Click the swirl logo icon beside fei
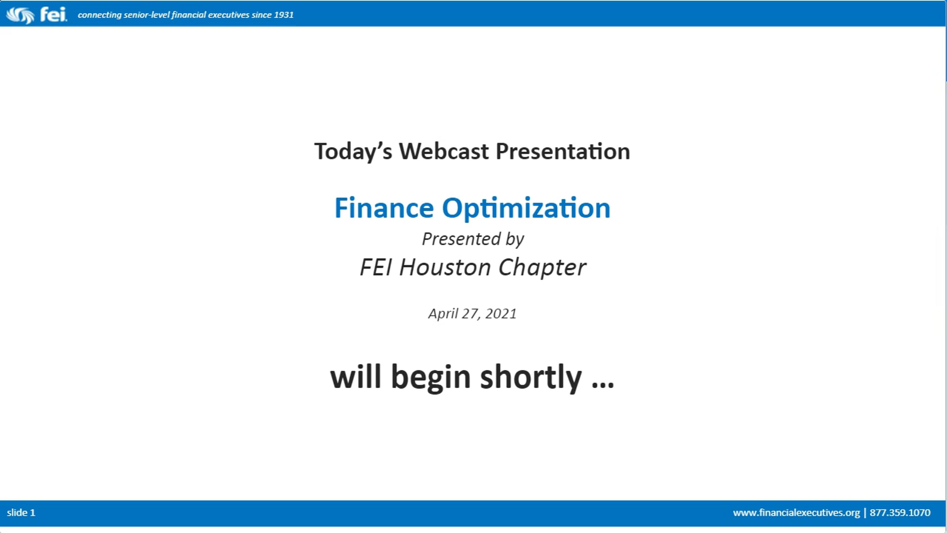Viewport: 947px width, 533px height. pyautogui.click(x=20, y=15)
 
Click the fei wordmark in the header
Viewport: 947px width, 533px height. pyautogui.click(x=53, y=15)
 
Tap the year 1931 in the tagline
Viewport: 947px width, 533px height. pyautogui.click(x=284, y=15)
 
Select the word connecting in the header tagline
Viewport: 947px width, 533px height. pyautogui.click(x=100, y=15)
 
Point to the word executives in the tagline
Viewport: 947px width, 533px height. pyautogui.click(x=229, y=15)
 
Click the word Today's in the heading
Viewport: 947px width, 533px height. pyautogui.click(x=353, y=152)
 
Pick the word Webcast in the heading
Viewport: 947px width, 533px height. pyautogui.click(x=444, y=151)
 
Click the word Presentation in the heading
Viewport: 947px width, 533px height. pyautogui.click(x=563, y=151)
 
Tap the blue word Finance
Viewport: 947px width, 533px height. pyautogui.click(x=384, y=208)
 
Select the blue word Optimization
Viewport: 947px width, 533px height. pyautogui.click(x=526, y=209)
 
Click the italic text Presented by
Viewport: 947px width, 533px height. pyautogui.click(x=473, y=239)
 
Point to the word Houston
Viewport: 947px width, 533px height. pyautogui.click(x=445, y=267)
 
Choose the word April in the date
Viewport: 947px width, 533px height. pyautogui.click(x=443, y=314)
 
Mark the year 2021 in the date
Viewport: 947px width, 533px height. pyautogui.click(x=501, y=313)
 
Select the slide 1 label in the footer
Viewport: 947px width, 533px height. pyautogui.click(x=21, y=512)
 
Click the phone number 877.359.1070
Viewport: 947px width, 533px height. pyautogui.click(x=900, y=512)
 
